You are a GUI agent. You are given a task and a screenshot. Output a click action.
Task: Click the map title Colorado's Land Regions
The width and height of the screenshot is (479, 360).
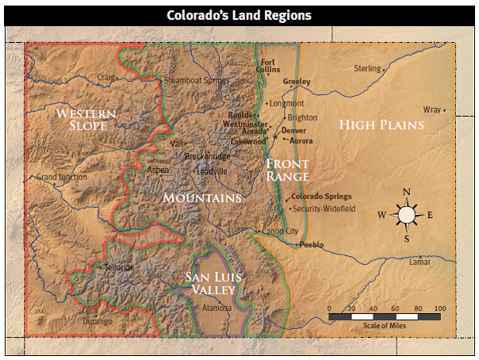(x=239, y=15)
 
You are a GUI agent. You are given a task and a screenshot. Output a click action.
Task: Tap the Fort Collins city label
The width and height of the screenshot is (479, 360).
(x=270, y=66)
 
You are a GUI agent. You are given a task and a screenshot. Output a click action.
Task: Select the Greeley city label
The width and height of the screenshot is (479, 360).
(x=297, y=82)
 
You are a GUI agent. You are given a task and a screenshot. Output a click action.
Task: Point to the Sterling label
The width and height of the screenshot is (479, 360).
(x=367, y=68)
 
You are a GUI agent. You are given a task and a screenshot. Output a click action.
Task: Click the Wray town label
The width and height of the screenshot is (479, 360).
(x=431, y=109)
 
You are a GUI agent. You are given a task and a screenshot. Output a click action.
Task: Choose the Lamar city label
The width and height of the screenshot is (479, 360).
(x=420, y=261)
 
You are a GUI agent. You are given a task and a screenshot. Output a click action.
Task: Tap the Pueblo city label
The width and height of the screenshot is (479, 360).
(x=311, y=245)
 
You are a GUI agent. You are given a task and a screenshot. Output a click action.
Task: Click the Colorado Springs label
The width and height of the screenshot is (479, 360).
(x=321, y=197)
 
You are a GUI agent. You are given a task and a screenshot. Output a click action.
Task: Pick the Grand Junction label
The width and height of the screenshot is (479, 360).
(x=62, y=177)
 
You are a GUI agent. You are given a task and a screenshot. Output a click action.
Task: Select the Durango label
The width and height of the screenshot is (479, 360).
(x=98, y=322)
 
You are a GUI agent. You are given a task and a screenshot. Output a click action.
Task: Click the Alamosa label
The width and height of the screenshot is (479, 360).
(x=217, y=308)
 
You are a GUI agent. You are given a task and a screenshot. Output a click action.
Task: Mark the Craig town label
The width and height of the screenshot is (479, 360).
(x=105, y=77)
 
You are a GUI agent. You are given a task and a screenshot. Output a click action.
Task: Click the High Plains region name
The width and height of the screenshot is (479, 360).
(x=381, y=124)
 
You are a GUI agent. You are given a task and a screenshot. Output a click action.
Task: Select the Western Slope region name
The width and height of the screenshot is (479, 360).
(x=86, y=120)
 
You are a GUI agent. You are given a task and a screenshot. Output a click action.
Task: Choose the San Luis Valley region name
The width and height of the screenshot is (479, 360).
(x=213, y=283)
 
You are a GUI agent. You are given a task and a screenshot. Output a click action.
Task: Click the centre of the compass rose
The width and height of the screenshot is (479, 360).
(x=407, y=214)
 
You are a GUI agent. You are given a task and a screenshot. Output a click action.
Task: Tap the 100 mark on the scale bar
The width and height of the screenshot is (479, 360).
(x=440, y=308)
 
